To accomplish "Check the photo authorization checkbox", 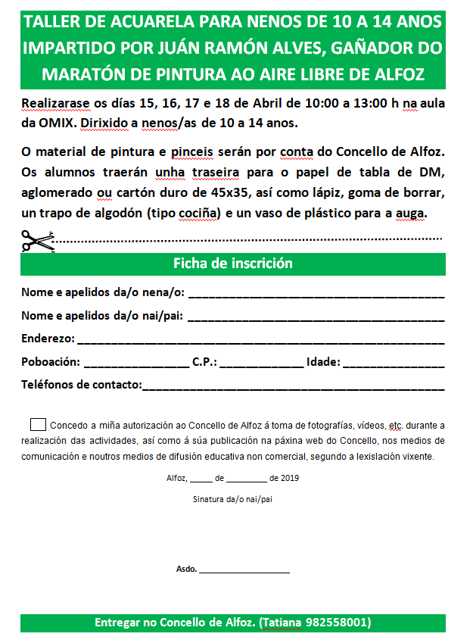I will pyautogui.click(x=38, y=424).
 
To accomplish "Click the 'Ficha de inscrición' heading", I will pyautogui.click(x=233, y=264).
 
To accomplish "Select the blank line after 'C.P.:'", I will pyautogui.click(x=261, y=363).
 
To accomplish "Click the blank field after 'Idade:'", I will pyautogui.click(x=394, y=363).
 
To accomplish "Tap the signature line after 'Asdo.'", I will pyautogui.click(x=244, y=570).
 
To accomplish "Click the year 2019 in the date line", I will pyautogui.click(x=291, y=478).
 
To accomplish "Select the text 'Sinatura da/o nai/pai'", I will pyautogui.click(x=232, y=499).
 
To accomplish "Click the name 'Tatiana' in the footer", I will pyautogui.click(x=282, y=623).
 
